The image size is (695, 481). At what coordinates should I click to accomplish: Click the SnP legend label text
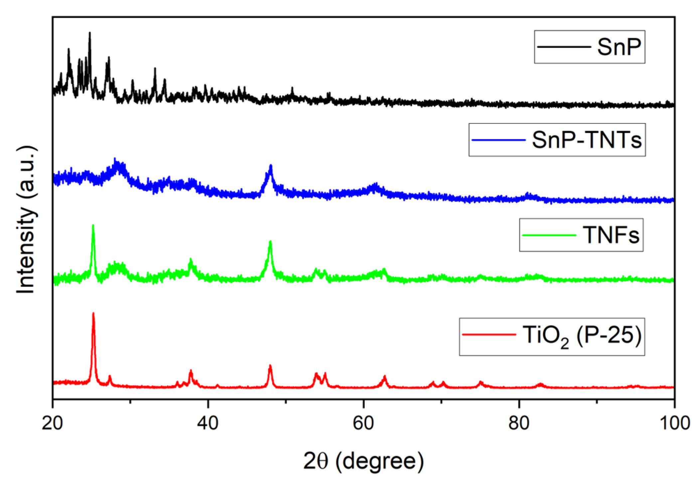[x=619, y=47]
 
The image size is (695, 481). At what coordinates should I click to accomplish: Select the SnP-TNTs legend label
[x=587, y=140]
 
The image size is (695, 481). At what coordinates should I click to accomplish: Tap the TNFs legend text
[x=611, y=235]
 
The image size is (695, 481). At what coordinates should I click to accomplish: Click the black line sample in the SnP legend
[x=564, y=47]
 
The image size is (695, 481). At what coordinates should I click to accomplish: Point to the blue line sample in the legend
[x=498, y=140]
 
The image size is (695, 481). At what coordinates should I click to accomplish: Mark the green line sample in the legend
[x=549, y=235]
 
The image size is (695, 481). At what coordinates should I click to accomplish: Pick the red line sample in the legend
[x=489, y=334]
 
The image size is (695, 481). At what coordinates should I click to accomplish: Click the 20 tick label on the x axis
[x=52, y=423]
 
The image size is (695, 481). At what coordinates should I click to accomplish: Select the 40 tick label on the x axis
[x=208, y=423]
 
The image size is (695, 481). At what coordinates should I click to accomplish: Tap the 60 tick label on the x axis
[x=363, y=423]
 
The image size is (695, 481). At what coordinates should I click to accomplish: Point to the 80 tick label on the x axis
[x=519, y=423]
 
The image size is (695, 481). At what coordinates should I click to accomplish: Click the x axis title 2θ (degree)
[x=363, y=461]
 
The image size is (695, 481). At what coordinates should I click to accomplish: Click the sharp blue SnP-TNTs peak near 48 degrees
[x=271, y=166]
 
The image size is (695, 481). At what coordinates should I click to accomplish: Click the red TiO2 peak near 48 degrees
[x=270, y=366]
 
